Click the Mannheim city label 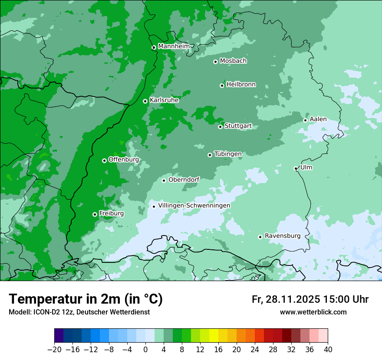point(174,46)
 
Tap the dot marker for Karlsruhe point(145,101)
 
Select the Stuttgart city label point(238,126)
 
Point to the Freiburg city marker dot point(95,214)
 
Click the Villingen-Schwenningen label point(194,206)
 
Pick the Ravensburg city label point(283,236)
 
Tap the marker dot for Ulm point(296,168)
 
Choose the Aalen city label point(318,119)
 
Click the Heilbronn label point(241,85)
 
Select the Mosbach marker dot point(215,62)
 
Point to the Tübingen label point(228,154)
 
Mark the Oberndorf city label point(184,180)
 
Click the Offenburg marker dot point(104,160)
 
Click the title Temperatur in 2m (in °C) point(86,299)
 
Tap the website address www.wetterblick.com point(313,312)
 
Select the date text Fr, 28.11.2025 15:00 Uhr point(310,299)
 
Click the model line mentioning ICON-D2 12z point(79,312)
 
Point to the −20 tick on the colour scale point(54,350)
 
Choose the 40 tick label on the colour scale point(328,350)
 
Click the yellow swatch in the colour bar point(214,336)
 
